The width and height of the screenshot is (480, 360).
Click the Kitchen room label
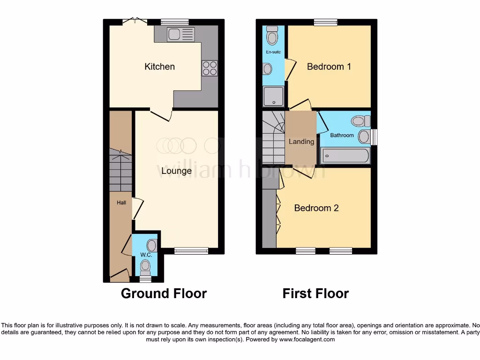(159, 67)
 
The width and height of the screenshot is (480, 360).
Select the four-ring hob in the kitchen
(210, 68)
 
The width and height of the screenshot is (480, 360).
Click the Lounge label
(176, 171)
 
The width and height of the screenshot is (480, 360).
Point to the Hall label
(121, 202)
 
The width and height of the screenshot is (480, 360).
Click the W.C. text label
(145, 255)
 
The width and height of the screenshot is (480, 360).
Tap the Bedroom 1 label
(329, 67)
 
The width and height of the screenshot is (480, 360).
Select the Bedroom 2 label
(316, 208)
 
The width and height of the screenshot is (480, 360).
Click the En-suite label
(273, 52)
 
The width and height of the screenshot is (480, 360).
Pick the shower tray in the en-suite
(273, 96)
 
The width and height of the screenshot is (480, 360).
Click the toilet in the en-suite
(272, 35)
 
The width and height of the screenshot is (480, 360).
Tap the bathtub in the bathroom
(345, 155)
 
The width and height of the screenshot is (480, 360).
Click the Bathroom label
(342, 135)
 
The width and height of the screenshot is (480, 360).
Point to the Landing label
(301, 142)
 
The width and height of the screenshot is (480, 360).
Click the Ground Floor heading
(164, 293)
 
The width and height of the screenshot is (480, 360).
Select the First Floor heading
(315, 293)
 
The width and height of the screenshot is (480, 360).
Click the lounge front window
(191, 251)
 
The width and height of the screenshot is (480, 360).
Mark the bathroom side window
(374, 137)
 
